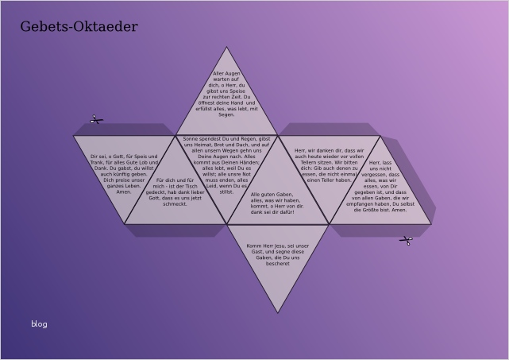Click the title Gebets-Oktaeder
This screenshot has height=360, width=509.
pos(79,27)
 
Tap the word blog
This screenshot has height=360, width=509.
pos(39,323)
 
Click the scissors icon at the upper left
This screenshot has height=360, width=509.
pos(96,120)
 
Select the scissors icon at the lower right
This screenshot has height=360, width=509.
pos(406,240)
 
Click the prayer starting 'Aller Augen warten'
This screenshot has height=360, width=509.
pos(226,94)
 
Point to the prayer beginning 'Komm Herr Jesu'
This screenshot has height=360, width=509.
pos(278,254)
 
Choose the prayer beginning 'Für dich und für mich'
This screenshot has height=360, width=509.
pos(175,192)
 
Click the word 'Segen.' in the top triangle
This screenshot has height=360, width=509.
pos(226,115)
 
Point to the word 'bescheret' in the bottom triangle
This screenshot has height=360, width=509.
pos(278,264)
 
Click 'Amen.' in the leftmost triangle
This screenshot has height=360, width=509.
pos(124,192)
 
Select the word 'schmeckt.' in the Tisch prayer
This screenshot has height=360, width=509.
pos(175,204)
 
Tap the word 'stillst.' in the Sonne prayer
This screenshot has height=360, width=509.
pos(226,192)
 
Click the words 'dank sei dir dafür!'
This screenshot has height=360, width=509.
pos(272,212)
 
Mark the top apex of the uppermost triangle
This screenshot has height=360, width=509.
pos(226,47)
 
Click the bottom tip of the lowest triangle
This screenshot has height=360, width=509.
pos(278,312)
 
